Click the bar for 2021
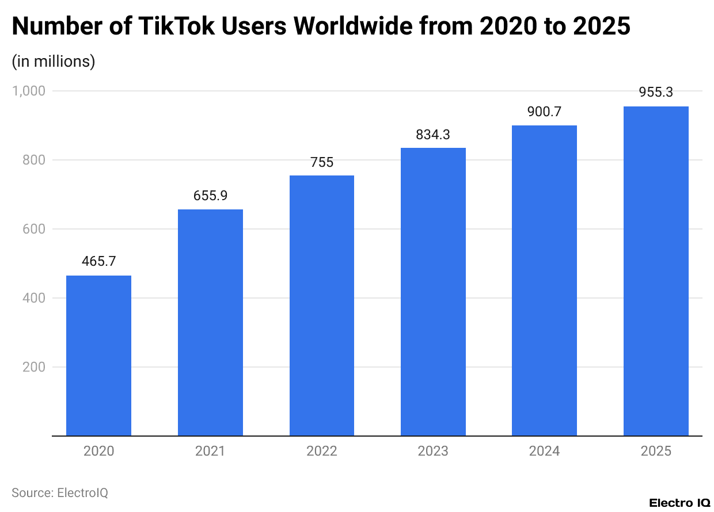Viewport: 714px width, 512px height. click(210, 323)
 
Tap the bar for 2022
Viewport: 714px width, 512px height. click(322, 305)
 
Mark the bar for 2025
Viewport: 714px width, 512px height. click(656, 271)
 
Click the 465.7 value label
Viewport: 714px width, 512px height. click(98, 261)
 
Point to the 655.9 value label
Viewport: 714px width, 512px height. click(210, 196)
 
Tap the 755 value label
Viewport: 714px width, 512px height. click(322, 162)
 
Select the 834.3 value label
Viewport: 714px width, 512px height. click(433, 135)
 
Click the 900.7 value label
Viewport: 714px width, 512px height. click(544, 112)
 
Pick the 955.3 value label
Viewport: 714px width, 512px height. click(656, 93)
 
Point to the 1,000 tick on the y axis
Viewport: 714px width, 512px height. click(28, 91)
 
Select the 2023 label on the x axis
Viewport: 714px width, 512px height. click(433, 451)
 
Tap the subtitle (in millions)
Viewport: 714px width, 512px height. click(54, 61)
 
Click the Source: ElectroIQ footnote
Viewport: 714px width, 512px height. click(60, 493)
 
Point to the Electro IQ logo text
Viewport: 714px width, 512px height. click(679, 503)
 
